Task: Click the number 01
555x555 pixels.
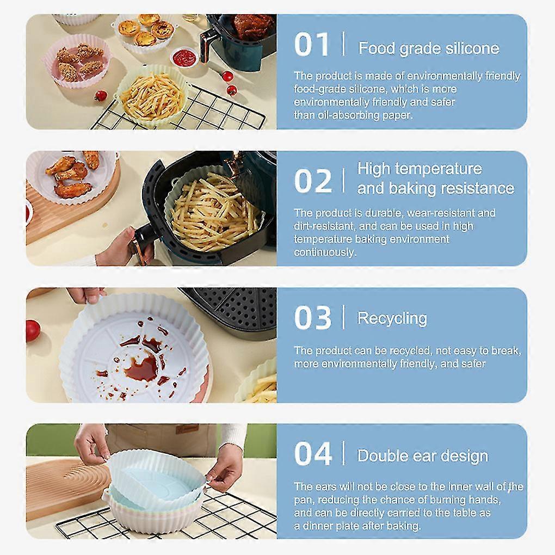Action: coord(311,45)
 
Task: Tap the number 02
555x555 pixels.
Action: coord(313,181)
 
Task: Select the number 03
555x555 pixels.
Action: coord(313,318)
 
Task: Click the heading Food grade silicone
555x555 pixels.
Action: coord(429,48)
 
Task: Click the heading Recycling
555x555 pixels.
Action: coord(392,318)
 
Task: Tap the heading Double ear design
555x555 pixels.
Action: coord(423,455)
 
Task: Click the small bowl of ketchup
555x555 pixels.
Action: coord(184,57)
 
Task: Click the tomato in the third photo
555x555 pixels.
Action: coord(32,330)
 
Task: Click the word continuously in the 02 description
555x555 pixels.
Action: coord(324,252)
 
